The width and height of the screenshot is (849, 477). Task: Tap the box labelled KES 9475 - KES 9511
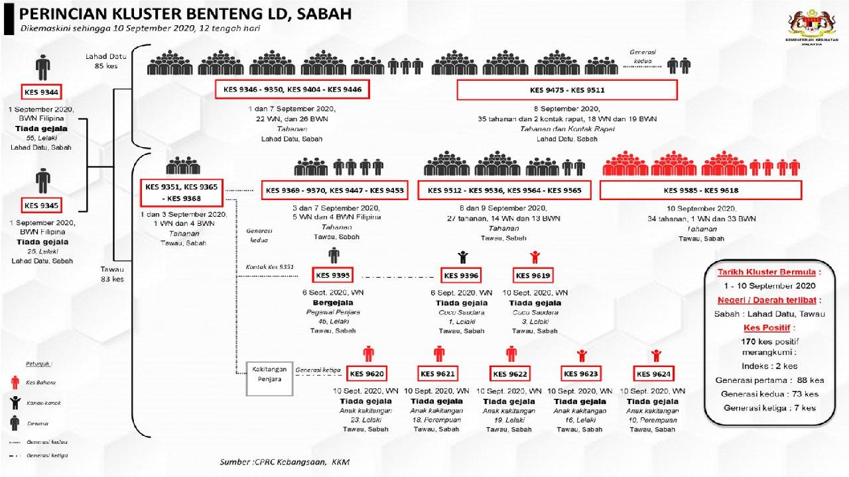point(566,89)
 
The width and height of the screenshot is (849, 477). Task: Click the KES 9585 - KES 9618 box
point(700,190)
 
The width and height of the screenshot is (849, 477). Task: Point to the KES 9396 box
point(461,275)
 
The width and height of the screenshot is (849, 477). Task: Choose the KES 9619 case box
point(533,275)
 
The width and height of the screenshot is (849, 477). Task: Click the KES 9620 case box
point(367,374)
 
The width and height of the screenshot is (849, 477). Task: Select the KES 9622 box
point(509,374)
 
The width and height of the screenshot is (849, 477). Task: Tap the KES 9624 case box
point(653,374)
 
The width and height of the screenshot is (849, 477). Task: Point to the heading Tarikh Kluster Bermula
point(769,272)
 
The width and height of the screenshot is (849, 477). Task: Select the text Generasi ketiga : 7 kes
point(769,408)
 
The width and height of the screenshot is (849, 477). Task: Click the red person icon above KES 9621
point(438,353)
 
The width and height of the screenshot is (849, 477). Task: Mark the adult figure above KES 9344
point(42,67)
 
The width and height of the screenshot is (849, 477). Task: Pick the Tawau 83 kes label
point(112,274)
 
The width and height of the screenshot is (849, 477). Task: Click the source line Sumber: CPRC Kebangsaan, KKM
point(285,461)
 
